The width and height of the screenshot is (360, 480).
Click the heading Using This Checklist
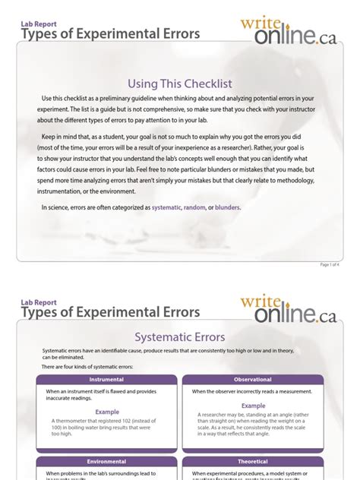coord(179,82)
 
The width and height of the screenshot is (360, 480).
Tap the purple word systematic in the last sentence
coord(166,207)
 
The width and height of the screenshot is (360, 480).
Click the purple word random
coord(194,207)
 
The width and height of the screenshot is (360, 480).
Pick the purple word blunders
coord(227,207)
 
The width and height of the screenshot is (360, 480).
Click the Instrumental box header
coord(106,380)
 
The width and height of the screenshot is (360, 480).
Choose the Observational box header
coord(253,380)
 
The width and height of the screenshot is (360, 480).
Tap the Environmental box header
coord(106,461)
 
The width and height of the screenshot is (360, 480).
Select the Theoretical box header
coord(253,461)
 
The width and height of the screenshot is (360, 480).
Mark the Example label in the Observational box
coord(253,406)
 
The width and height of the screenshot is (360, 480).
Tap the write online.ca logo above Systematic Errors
coord(288,309)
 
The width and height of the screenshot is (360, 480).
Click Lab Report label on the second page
coord(39,302)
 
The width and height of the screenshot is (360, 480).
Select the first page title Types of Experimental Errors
coord(111,34)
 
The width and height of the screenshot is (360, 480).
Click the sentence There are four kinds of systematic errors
coord(87,367)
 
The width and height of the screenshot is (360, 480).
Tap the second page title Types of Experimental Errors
coord(111,312)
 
